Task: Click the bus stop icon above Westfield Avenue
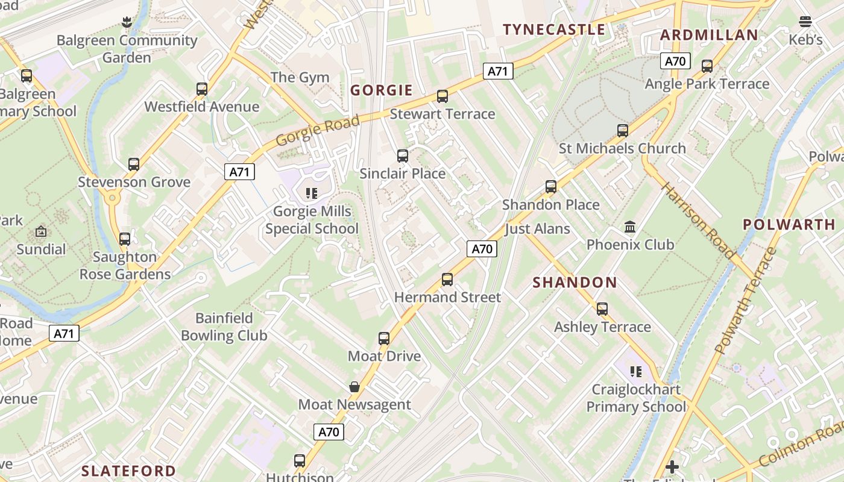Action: coord(202,89)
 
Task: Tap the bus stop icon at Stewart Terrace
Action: coord(442,96)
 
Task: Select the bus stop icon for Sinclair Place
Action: coord(403,156)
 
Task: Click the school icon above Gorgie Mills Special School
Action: coord(312,193)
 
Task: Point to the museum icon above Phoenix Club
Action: coord(631,227)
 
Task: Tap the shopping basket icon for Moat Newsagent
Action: coord(354,387)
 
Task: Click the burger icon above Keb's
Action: coord(805,22)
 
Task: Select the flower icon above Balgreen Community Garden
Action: coord(126,23)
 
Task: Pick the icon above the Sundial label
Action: coord(41,231)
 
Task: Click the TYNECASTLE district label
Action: coord(554,30)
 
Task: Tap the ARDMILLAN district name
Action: coord(709,35)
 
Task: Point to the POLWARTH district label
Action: coord(789,225)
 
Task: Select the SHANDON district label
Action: coord(575,283)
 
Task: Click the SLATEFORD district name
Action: coord(128,471)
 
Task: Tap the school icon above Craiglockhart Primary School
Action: coord(636,372)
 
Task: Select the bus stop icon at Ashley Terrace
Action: coord(602,310)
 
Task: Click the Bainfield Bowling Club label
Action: coord(224,327)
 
